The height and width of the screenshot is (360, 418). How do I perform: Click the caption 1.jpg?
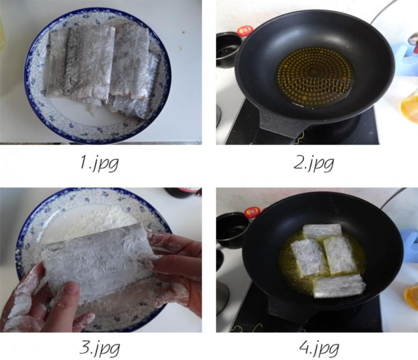tap(99, 162)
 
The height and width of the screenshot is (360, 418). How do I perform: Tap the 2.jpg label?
tap(314, 163)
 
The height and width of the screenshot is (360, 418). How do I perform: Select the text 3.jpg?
tap(100, 348)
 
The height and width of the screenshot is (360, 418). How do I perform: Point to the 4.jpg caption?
tap(319, 348)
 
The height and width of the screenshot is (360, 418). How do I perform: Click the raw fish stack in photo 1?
tap(103, 69)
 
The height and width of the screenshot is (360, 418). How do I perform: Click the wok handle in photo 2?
tap(282, 124)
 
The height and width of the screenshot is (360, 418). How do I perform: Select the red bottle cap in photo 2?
tap(245, 31)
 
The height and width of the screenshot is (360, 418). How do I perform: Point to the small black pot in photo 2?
tap(227, 50)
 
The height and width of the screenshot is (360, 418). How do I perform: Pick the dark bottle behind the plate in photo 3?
tap(183, 192)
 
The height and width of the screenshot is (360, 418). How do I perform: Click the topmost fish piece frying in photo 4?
tap(322, 231)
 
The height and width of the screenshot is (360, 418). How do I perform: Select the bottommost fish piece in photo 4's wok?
tap(339, 285)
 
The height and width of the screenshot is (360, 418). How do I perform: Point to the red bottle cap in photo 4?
tap(252, 213)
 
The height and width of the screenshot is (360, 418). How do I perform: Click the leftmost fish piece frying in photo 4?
tap(309, 257)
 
